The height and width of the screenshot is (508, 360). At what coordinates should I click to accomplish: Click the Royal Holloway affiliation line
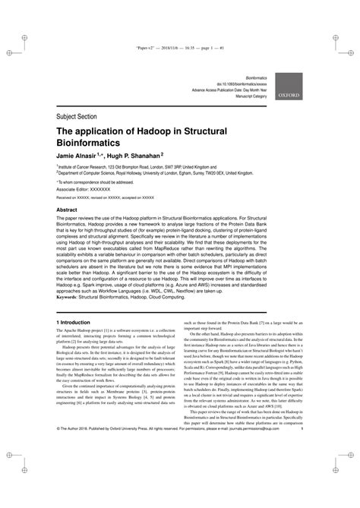[x=160, y=172]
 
